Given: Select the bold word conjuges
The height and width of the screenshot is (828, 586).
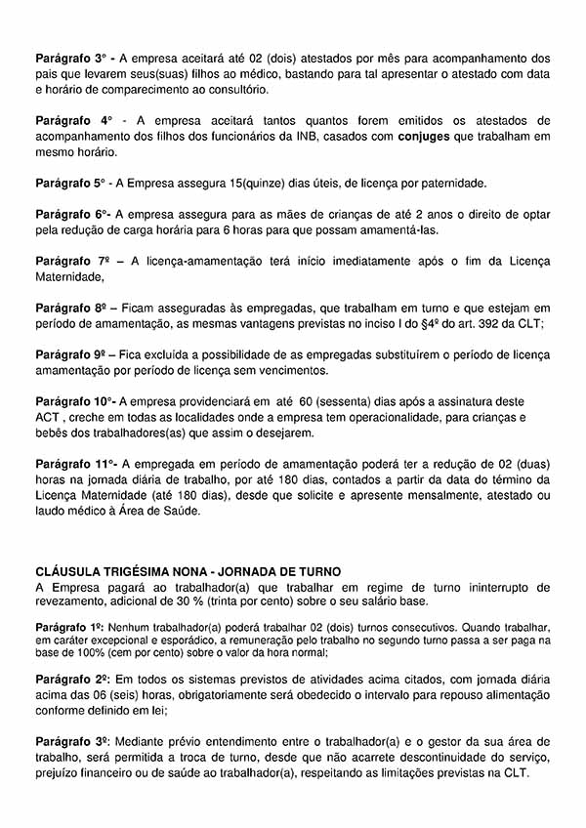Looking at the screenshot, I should coord(424,137).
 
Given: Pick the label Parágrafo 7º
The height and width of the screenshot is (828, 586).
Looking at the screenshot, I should coord(71,262).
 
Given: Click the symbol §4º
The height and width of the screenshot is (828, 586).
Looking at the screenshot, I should coord(435,324).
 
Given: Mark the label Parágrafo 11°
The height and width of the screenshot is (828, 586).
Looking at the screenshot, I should coord(76,464).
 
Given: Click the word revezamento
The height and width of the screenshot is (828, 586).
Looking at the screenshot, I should coord(71,602).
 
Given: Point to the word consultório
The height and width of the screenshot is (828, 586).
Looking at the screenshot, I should coord(234,90).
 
